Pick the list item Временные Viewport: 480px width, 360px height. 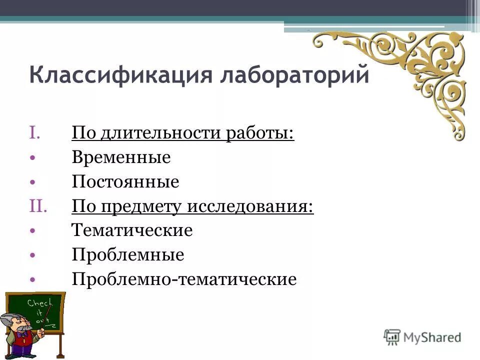point(121,158)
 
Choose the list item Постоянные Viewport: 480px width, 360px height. point(125,182)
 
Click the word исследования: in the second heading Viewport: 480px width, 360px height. point(250,206)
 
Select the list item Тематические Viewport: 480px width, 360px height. point(132,230)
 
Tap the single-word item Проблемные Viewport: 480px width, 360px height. point(128,255)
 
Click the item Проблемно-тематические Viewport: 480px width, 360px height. point(184,279)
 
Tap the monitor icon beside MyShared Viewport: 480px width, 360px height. point(392,337)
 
